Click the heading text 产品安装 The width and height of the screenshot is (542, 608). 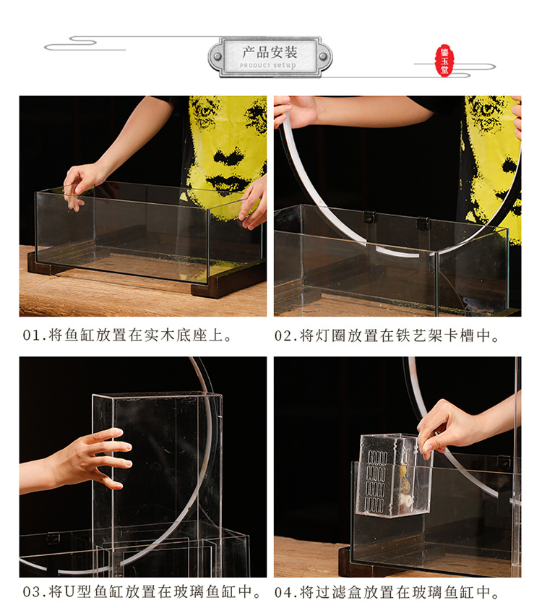pyautogui.click(x=270, y=52)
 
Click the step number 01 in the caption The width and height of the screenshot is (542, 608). pyautogui.click(x=31, y=336)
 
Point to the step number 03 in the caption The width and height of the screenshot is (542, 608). pyautogui.click(x=31, y=592)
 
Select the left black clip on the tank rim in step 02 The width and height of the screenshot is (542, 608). pyautogui.click(x=369, y=217)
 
